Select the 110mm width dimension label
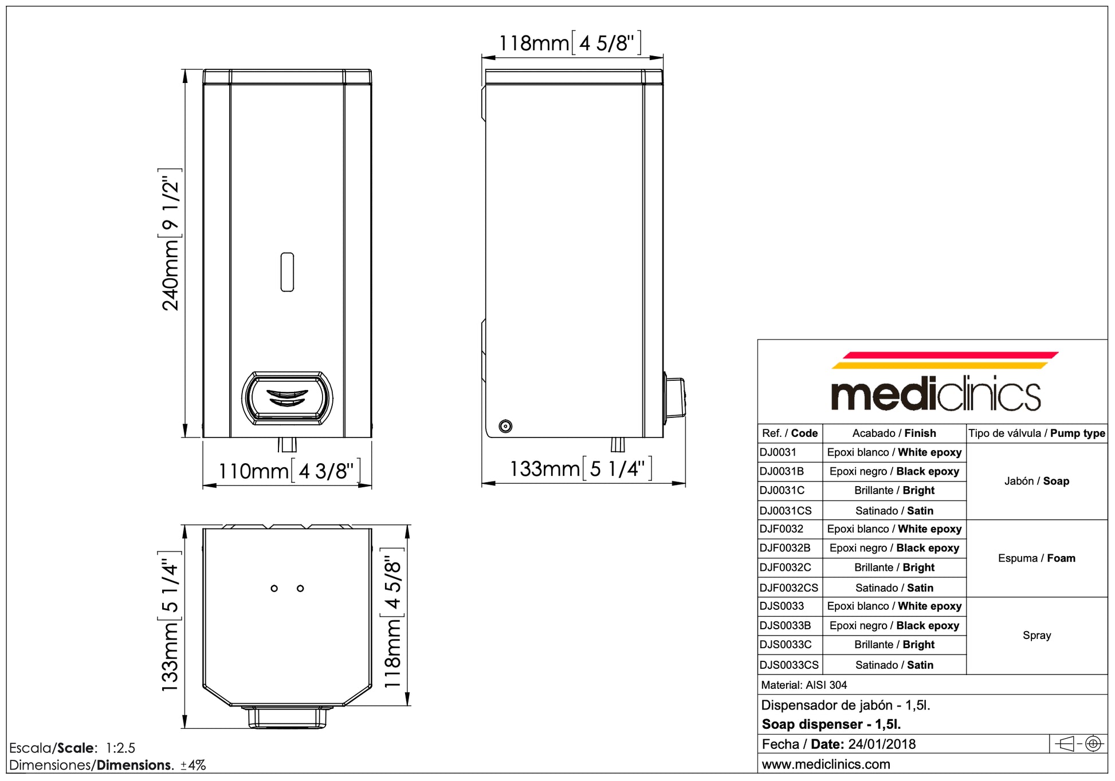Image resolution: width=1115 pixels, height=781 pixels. pyautogui.click(x=289, y=471)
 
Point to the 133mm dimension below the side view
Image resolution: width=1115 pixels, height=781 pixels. pyautogui.click(x=580, y=469)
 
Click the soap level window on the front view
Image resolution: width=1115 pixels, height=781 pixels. pyautogui.click(x=287, y=272)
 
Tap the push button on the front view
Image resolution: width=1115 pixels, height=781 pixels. pyautogui.click(x=287, y=398)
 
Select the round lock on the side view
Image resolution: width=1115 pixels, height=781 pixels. pyautogui.click(x=505, y=426)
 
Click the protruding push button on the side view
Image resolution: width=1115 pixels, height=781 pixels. pyautogui.click(x=676, y=396)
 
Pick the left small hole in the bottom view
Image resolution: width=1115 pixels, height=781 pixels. pyautogui.click(x=274, y=589)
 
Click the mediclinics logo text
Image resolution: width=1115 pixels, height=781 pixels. pyautogui.click(x=935, y=394)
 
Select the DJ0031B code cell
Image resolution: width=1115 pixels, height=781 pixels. pyautogui.click(x=782, y=472)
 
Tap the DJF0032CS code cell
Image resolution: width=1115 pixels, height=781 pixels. pyautogui.click(x=789, y=588)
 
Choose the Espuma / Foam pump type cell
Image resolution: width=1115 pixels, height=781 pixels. pyautogui.click(x=1036, y=558)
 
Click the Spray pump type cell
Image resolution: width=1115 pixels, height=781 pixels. pyautogui.click(x=1036, y=636)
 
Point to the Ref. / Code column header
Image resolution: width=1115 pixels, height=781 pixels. pyautogui.click(x=790, y=433)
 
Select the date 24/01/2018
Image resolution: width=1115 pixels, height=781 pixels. pyautogui.click(x=882, y=744)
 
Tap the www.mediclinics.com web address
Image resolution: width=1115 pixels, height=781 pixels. pyautogui.click(x=826, y=764)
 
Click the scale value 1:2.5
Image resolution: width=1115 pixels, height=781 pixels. pyautogui.click(x=120, y=748)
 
